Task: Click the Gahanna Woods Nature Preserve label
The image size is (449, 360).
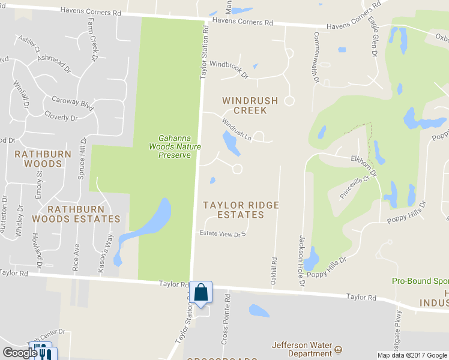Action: click(x=175, y=146)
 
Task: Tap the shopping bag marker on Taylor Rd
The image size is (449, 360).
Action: click(x=203, y=293)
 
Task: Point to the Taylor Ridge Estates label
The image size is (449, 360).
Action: click(x=241, y=209)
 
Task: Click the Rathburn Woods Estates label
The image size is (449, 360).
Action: click(x=84, y=214)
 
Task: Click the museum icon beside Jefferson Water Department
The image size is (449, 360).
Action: click(x=338, y=349)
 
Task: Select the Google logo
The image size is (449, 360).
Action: click(x=19, y=353)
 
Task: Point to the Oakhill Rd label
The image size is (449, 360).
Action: click(x=275, y=268)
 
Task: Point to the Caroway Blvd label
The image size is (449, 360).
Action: click(x=73, y=103)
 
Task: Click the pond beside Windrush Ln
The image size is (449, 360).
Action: click(x=229, y=143)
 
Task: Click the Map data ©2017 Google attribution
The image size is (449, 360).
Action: click(x=412, y=355)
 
